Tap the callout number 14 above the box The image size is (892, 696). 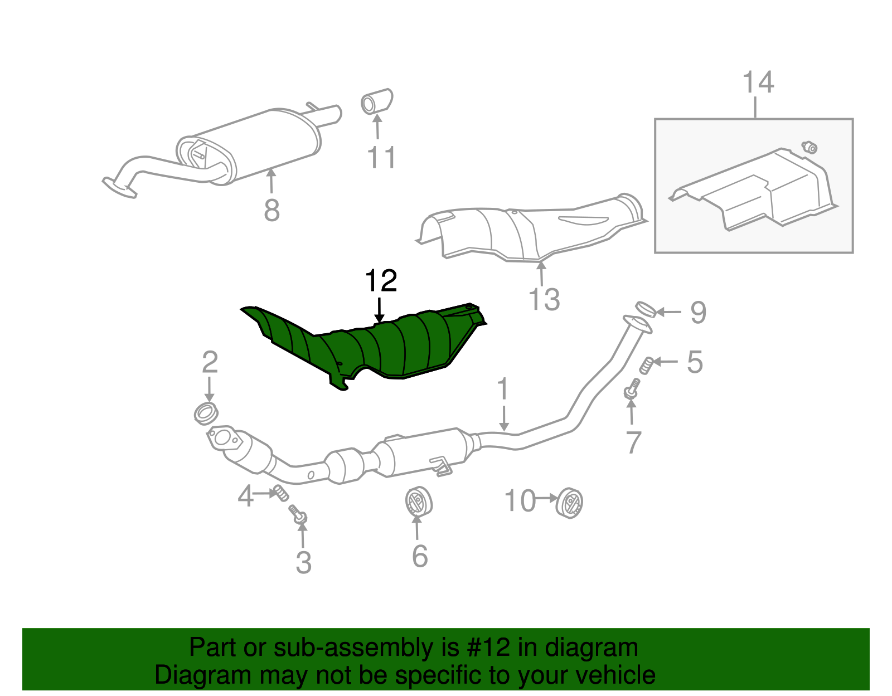[758, 82]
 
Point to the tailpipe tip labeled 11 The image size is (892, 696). [377, 102]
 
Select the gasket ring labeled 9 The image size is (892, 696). [645, 309]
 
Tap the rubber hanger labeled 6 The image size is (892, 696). [418, 501]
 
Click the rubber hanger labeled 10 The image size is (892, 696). [570, 502]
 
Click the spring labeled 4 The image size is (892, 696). [280, 493]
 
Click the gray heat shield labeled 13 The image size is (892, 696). [530, 231]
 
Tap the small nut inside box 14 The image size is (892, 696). [809, 147]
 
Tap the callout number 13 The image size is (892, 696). [544, 300]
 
